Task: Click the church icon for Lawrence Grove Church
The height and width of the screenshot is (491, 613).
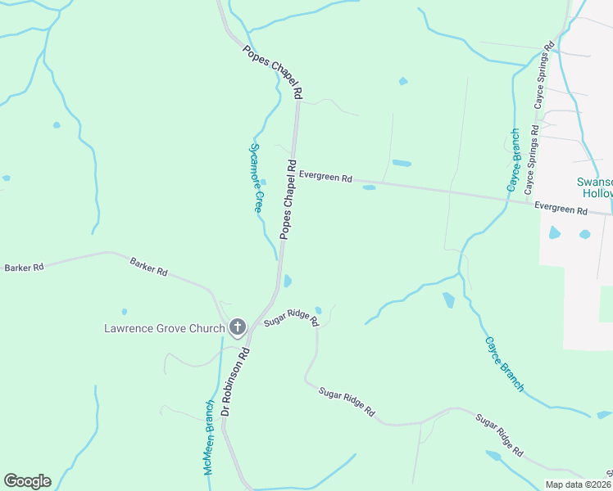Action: click(x=238, y=328)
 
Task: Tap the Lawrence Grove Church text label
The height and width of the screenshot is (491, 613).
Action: click(x=164, y=329)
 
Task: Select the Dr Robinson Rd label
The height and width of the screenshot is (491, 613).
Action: click(x=235, y=385)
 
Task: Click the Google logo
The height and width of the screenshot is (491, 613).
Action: click(x=27, y=481)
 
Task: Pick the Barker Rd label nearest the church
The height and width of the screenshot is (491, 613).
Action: click(x=148, y=266)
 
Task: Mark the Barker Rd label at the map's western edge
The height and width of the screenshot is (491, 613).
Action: click(x=23, y=268)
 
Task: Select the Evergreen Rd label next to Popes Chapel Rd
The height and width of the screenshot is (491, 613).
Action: click(x=325, y=177)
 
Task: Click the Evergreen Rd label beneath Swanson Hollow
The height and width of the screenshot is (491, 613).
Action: click(x=561, y=209)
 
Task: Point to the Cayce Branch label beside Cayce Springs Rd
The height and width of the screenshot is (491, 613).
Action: click(x=512, y=161)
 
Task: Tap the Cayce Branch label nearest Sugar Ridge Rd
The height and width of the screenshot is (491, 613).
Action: click(x=503, y=363)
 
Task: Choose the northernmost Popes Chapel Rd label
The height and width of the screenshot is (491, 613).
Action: click(x=273, y=72)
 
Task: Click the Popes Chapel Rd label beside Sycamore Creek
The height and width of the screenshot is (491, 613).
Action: click(x=288, y=199)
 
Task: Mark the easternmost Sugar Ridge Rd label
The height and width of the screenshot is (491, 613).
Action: click(x=499, y=435)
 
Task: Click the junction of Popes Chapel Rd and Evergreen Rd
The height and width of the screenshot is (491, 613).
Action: click(x=293, y=173)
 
